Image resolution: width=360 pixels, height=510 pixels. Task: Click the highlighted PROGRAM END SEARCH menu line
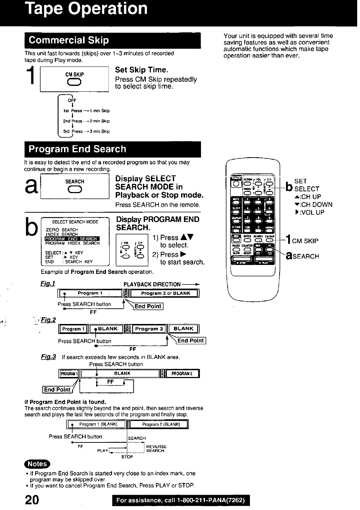[72, 239]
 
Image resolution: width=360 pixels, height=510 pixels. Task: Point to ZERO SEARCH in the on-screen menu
[62, 230]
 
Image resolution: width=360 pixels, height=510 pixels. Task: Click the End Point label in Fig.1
[148, 306]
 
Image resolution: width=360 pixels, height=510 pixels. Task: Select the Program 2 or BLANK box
[165, 293]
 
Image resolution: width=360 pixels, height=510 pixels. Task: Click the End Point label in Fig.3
[57, 389]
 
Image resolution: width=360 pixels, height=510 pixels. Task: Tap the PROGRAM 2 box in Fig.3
[182, 373]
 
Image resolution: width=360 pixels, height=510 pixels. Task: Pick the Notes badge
[37, 464]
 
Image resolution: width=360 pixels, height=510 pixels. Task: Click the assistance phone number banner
[180, 500]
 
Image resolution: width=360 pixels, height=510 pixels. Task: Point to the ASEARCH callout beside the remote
[302, 256]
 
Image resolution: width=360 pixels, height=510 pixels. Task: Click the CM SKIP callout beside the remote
[305, 241]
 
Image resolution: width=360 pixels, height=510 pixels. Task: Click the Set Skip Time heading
[142, 70]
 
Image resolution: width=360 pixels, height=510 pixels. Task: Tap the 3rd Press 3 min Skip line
[86, 131]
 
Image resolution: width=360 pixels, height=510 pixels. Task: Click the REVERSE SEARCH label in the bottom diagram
[156, 448]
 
